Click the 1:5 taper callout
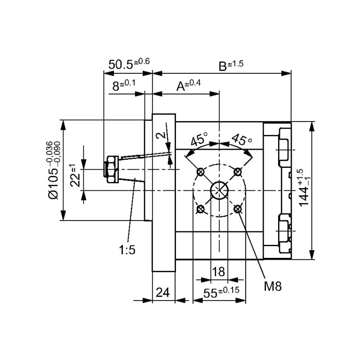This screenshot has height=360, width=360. tap(127, 251)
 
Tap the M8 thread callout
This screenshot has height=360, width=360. tap(272, 287)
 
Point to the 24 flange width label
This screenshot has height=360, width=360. tap(163, 293)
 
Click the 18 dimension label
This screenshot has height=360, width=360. tap(219, 272)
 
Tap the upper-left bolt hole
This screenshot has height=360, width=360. tap(201, 172)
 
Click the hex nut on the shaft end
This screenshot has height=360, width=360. tap(111, 169)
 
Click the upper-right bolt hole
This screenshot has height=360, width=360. tap(238, 172)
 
